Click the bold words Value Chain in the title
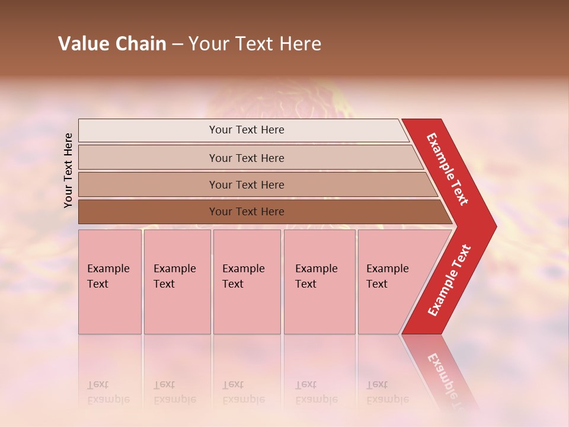coord(112,44)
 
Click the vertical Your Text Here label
coord(68,170)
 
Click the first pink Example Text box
coord(110,282)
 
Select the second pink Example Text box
coord(177,282)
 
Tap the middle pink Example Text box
coord(247,282)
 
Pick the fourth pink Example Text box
coord(319,282)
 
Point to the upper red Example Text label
coord(447,169)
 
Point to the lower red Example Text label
coord(449,281)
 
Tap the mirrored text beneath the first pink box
coord(108,392)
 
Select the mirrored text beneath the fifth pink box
coord(387,392)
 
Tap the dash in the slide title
coord(177,44)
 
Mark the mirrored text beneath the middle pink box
coord(243,392)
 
